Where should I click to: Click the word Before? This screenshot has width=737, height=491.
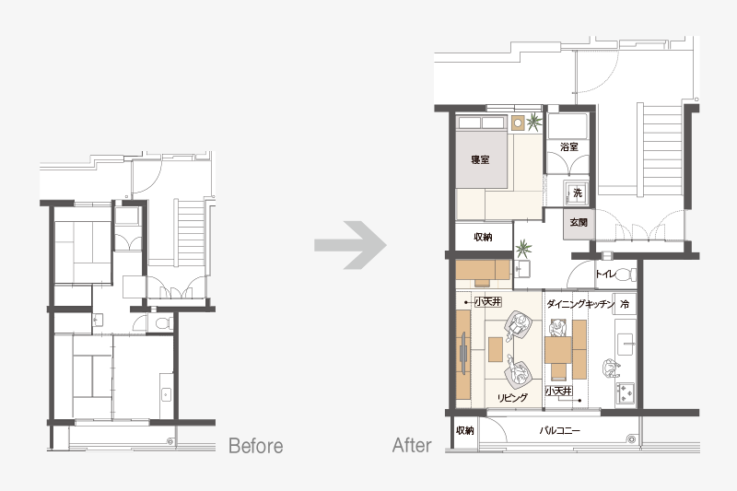click(x=256, y=446)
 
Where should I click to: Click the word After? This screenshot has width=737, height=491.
click(x=412, y=446)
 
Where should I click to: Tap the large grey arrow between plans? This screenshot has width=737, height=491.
click(x=351, y=245)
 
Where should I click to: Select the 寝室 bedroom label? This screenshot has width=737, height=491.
click(x=480, y=159)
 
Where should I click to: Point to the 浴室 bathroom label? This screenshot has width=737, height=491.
click(x=569, y=147)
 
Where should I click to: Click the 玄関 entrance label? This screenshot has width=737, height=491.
click(x=579, y=222)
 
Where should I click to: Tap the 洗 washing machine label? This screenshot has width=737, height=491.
click(x=578, y=193)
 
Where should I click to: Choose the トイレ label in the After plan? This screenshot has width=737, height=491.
click(x=605, y=274)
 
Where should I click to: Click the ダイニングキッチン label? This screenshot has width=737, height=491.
click(x=580, y=304)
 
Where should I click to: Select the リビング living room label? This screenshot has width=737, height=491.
click(x=512, y=398)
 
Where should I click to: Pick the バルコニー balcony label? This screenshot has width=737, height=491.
click(x=559, y=430)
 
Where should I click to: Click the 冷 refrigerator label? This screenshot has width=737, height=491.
click(x=625, y=304)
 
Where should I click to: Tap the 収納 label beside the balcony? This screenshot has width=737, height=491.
click(x=465, y=430)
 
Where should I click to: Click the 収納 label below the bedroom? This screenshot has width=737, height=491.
click(x=483, y=237)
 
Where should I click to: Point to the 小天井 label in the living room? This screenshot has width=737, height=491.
click(x=488, y=301)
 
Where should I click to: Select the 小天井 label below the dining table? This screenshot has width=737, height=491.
click(x=559, y=391)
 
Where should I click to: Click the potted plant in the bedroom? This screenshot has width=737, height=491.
click(x=533, y=123)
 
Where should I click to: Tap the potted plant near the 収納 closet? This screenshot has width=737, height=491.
click(x=522, y=249)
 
